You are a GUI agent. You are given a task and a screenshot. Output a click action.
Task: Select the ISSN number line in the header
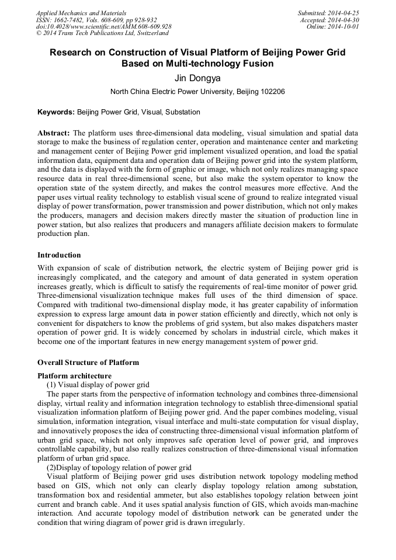96,20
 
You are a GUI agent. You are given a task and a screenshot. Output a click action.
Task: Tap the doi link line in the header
103,27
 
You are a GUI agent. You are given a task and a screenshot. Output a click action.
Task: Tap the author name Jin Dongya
197,78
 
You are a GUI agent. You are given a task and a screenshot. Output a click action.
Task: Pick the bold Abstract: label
54,133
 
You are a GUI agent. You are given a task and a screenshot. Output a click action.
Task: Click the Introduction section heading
59,255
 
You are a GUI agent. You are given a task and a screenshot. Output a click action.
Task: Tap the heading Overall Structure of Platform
88,363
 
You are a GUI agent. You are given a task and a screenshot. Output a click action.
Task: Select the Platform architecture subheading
74,375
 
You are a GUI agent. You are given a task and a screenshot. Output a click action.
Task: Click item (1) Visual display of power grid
98,384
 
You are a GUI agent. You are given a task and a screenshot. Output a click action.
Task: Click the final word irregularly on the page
225,522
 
